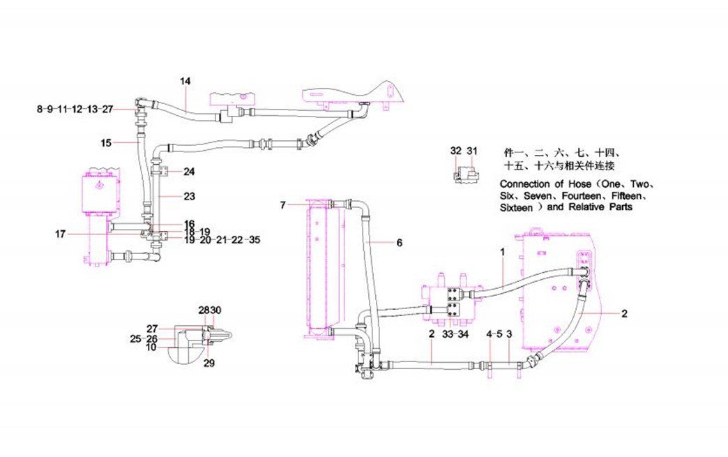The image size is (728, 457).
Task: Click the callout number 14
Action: (185, 82)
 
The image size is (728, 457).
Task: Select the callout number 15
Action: (105, 143)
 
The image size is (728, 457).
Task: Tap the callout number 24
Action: (190, 172)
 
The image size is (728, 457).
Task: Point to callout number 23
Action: (190, 197)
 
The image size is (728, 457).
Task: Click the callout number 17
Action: (61, 234)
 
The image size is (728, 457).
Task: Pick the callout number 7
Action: (283, 205)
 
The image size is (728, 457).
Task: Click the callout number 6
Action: (400, 243)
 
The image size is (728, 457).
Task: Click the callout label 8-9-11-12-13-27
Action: (75, 109)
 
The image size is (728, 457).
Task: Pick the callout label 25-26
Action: (144, 338)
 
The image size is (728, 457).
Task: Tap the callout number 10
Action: (151, 347)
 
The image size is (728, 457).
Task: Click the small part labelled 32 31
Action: (464, 172)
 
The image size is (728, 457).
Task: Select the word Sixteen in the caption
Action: (517, 208)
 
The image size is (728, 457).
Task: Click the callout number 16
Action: (190, 224)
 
